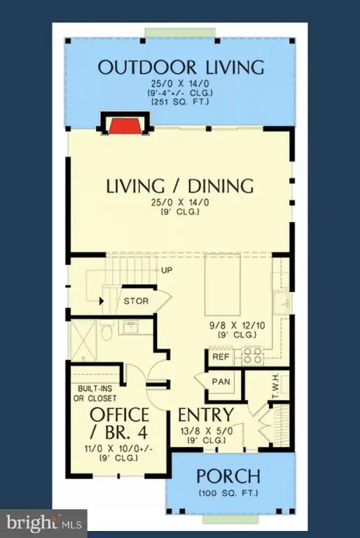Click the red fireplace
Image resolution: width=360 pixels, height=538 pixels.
[x=124, y=126]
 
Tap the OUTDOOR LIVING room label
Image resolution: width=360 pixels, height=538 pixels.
[x=181, y=67]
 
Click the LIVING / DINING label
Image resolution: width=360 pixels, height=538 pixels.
[x=180, y=186]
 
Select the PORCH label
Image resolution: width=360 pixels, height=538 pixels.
[x=228, y=476]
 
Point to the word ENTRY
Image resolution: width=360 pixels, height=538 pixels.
[x=206, y=415]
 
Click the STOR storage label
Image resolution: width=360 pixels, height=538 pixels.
[x=136, y=301]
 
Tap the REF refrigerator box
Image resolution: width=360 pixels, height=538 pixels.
[x=221, y=357]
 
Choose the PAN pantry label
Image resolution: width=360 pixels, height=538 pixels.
[x=221, y=382]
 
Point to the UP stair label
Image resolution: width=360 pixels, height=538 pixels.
[x=167, y=270]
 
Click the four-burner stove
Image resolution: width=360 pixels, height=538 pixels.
[x=252, y=356]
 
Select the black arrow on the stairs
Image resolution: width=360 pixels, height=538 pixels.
[x=102, y=301]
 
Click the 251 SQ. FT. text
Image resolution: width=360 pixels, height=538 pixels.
[x=180, y=102]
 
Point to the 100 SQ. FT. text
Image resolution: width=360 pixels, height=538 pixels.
[x=228, y=493]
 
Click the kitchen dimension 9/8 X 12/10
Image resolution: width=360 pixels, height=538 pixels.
[x=237, y=325]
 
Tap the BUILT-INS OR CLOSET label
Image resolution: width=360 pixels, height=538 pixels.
[x=95, y=394]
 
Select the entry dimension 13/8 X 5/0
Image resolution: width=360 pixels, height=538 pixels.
[x=207, y=431]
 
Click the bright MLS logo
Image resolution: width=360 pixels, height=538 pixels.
[x=44, y=523]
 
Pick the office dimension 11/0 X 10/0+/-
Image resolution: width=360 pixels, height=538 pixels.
[x=119, y=449]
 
